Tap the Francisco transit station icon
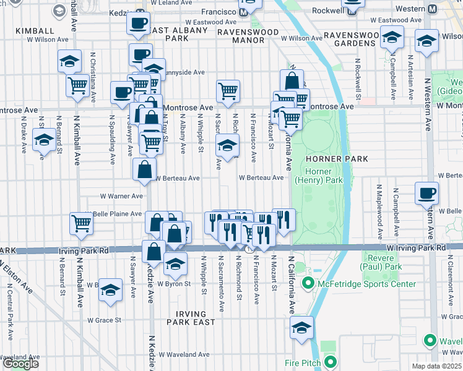[x=244, y=12]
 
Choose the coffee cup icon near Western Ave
[x=426, y=193]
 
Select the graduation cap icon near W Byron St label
[x=176, y=263]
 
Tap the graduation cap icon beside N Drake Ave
[x=44, y=140]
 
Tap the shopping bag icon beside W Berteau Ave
[x=144, y=170]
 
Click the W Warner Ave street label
[x=122, y=196]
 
